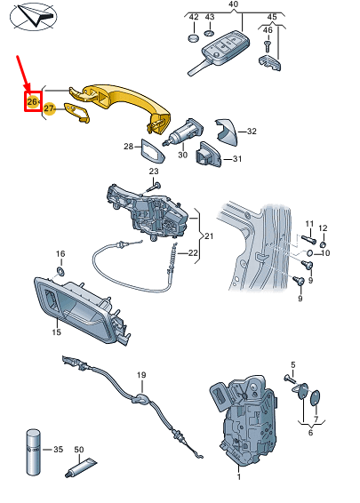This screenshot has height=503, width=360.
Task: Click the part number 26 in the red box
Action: (33, 101)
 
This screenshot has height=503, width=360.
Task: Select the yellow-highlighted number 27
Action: (49, 108)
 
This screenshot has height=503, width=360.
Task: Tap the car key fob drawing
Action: (220, 52)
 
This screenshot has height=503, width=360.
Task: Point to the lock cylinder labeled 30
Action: (183, 132)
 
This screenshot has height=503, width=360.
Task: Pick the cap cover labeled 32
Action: (228, 132)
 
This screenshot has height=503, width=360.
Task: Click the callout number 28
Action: (129, 147)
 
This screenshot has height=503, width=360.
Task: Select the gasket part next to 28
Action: (152, 151)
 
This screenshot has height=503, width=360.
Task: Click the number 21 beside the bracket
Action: (209, 236)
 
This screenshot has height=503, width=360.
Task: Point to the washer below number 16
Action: (60, 271)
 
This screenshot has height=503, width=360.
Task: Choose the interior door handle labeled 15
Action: (82, 309)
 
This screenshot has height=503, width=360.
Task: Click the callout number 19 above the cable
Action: (141, 375)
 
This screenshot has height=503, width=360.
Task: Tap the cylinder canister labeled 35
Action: (33, 452)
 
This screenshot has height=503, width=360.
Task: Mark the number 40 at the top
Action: (233, 4)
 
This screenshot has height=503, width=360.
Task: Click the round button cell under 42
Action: (193, 38)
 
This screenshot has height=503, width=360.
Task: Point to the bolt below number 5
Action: (290, 379)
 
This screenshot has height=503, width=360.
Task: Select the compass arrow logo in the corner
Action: (34, 16)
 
